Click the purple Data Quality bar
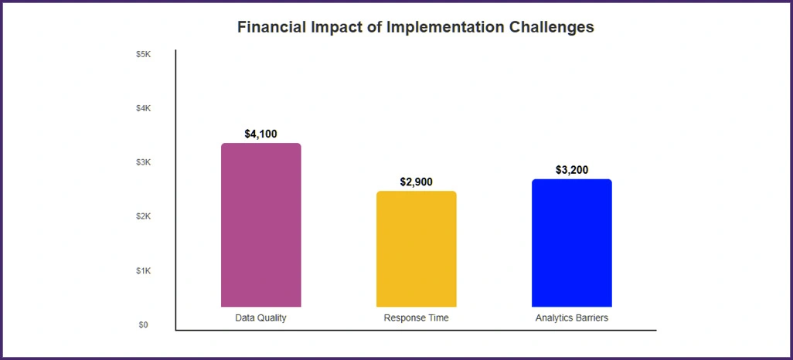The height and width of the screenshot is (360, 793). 260,225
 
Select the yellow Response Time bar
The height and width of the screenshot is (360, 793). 416,249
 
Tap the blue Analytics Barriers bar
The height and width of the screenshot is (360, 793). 571,243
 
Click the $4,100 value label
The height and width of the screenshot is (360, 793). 260,134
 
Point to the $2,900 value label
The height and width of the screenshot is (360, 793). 416,182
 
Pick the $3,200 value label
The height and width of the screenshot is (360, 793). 571,170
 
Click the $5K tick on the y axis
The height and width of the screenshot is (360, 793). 143,54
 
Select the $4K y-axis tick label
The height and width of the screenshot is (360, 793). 143,108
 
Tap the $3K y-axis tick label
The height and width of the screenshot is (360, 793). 143,162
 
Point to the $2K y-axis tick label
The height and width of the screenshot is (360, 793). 143,216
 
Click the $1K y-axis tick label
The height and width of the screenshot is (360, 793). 143,270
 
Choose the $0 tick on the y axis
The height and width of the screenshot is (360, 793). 143,324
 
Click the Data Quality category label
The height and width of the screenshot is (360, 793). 260,318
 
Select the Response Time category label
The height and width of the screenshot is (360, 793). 416,318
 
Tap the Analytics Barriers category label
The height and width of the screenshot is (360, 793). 571,318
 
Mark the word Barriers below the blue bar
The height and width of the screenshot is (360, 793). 591,318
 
